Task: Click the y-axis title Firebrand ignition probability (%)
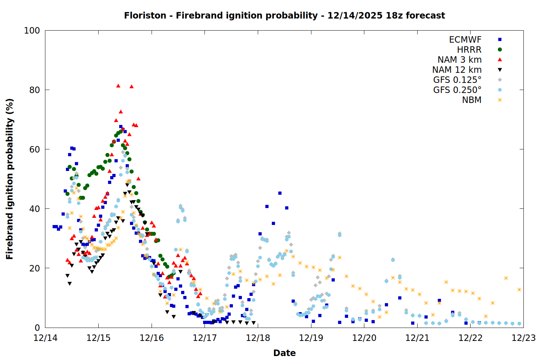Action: point(10,179)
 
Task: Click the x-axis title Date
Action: point(284,353)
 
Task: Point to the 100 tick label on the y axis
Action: point(32,31)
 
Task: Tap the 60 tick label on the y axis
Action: point(35,149)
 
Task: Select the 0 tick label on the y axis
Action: point(37,328)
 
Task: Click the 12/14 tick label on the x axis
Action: point(45,338)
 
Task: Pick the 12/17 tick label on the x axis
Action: point(205,338)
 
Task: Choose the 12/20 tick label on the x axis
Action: point(364,338)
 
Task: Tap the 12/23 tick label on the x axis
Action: point(523,338)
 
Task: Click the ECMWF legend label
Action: point(465,40)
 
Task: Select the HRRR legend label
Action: point(469,50)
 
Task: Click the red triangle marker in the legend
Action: point(500,59)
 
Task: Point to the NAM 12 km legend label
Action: point(457,70)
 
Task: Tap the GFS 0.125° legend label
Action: point(457,80)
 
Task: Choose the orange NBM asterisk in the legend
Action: point(500,100)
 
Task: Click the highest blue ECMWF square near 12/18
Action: point(280,193)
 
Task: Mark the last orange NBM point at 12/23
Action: point(519,289)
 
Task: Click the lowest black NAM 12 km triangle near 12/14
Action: point(69,284)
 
